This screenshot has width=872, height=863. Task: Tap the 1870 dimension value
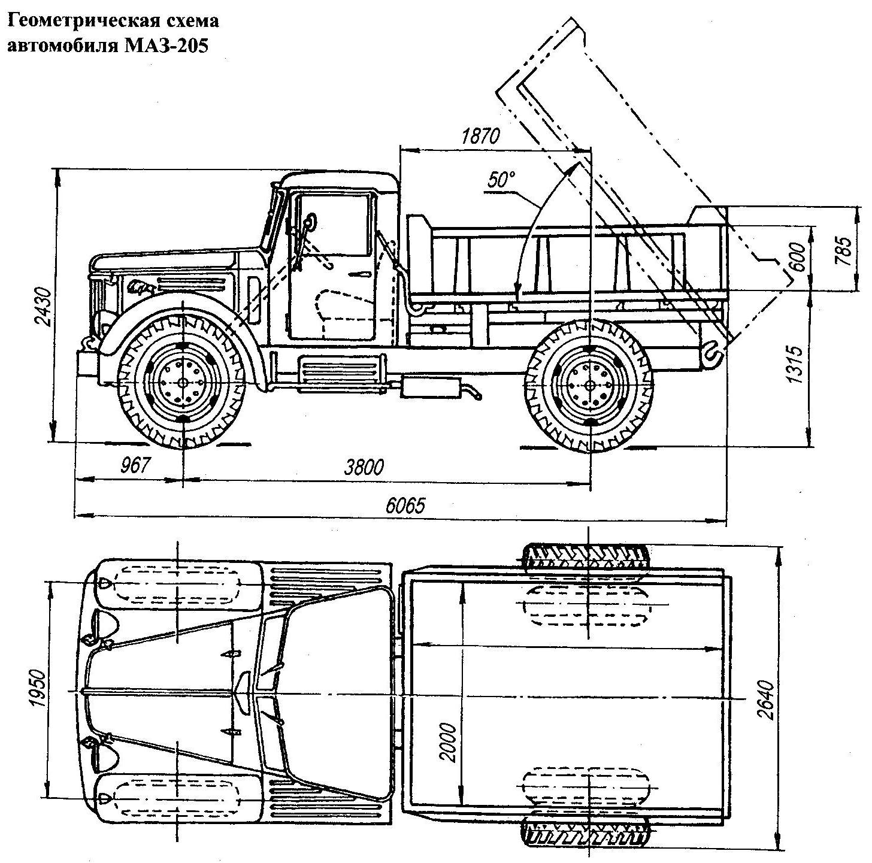(x=480, y=137)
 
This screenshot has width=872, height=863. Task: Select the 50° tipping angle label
(x=501, y=180)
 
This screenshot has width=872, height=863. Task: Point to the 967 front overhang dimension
(x=134, y=465)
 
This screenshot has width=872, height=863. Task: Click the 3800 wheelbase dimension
(x=363, y=467)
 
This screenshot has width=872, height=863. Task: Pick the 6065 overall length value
(x=405, y=506)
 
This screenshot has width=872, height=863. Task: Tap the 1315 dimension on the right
(x=795, y=364)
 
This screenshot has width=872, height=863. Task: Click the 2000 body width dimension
(x=449, y=741)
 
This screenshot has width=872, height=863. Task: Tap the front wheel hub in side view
(x=181, y=381)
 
